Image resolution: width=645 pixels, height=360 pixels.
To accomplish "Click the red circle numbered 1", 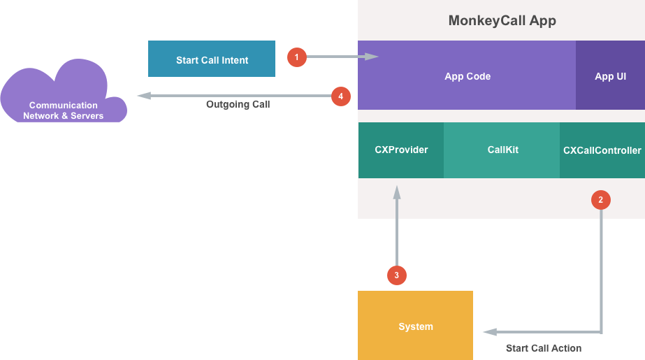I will click(297, 57).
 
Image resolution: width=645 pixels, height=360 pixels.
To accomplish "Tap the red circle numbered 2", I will click(600, 200).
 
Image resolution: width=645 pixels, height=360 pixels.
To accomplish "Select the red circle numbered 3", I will click(397, 275).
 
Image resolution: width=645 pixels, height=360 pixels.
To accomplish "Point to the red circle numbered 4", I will click(340, 96).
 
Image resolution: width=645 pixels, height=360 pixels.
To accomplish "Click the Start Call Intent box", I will click(212, 60).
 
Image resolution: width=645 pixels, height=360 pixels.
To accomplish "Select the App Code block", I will click(467, 76).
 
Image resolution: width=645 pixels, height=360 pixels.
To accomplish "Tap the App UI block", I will click(610, 76).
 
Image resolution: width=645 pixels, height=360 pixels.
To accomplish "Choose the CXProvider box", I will click(401, 150).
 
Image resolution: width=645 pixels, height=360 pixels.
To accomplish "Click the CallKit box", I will click(502, 150).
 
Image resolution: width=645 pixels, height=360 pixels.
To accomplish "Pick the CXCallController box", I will click(602, 150).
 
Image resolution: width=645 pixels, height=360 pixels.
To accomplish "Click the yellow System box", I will click(415, 326).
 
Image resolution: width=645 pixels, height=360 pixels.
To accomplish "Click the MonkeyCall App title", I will click(502, 20).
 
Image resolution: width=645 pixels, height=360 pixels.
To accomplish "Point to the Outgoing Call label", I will click(238, 105).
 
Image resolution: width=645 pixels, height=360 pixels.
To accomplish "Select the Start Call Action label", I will click(543, 347).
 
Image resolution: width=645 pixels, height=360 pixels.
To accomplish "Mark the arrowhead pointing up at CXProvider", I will click(397, 192).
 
